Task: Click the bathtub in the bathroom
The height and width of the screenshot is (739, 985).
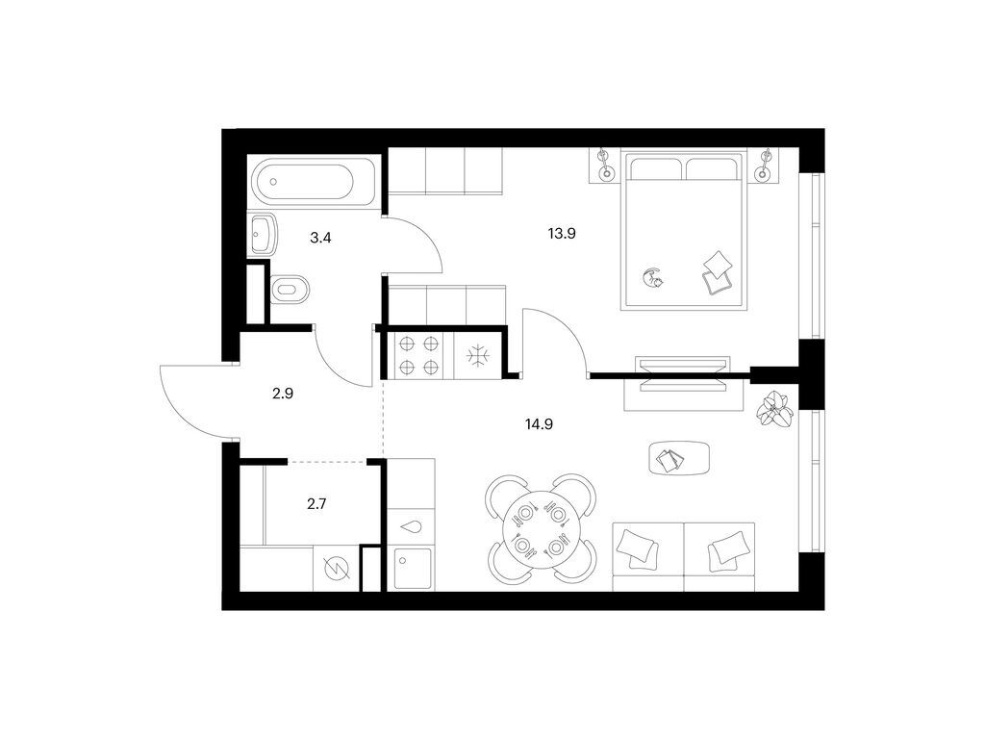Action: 306,181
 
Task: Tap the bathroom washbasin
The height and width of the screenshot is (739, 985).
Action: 262,232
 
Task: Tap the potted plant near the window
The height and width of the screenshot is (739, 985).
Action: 774,410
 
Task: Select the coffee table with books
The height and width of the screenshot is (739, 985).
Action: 678,458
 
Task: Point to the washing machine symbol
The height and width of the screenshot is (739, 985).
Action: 336,568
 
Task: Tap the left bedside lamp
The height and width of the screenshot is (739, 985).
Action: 605,165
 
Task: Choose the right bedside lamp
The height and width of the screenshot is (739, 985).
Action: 767,165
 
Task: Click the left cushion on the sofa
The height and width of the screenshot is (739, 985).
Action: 635,549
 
